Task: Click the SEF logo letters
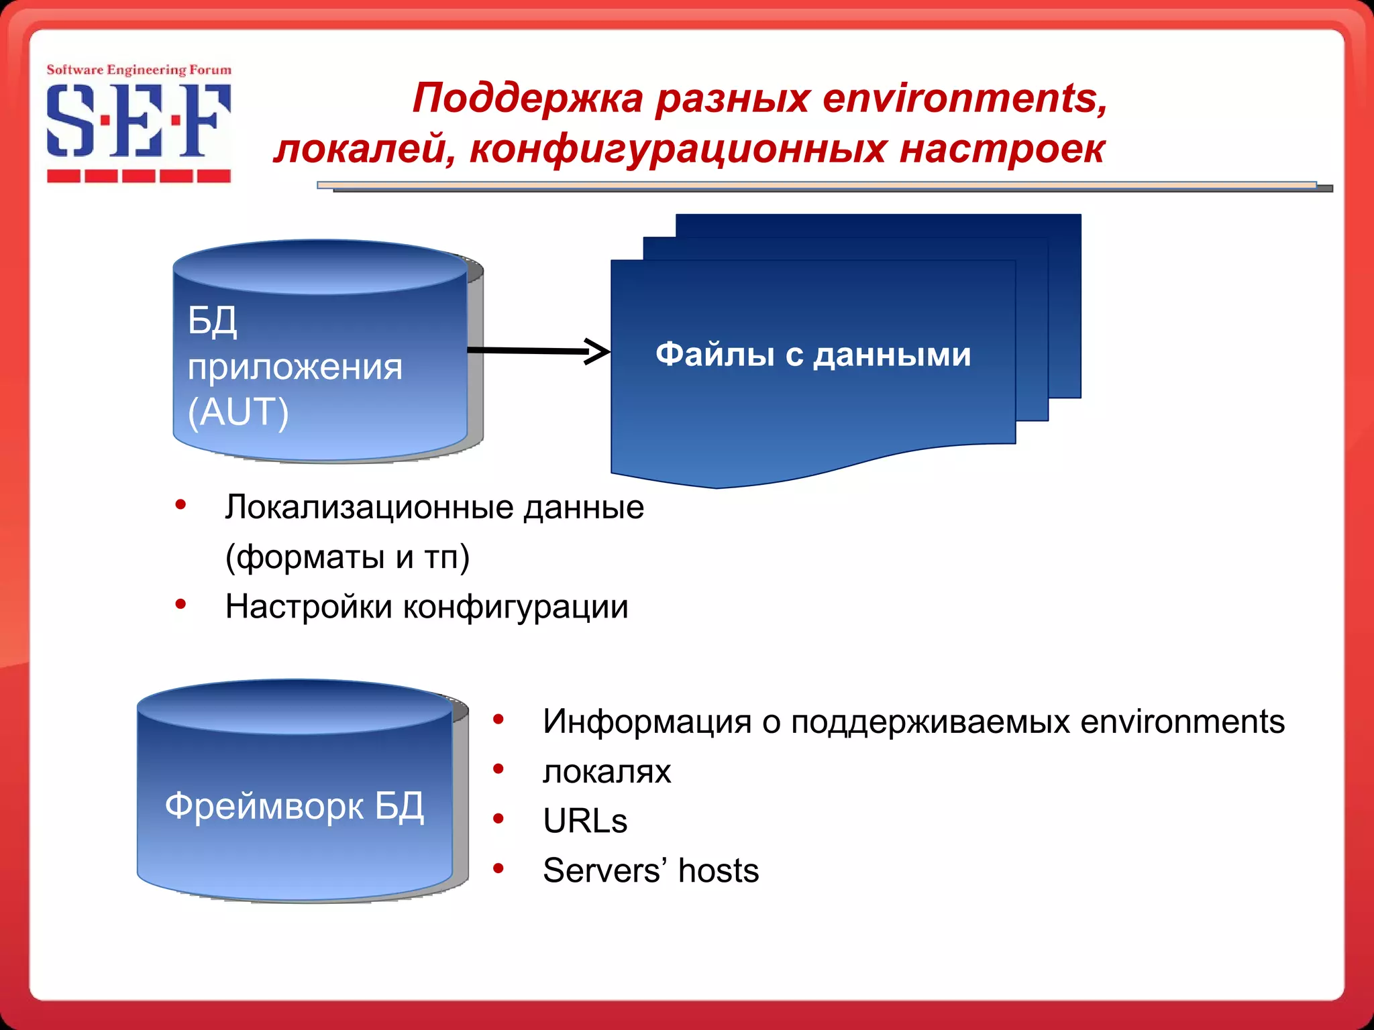[138, 121]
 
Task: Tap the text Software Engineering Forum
[138, 70]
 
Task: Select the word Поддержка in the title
[528, 98]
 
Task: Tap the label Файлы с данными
[813, 354]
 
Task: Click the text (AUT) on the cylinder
[238, 411]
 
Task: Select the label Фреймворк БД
[295, 805]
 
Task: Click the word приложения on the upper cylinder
[295, 367]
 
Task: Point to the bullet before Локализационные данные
[180, 505]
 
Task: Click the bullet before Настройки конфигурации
[180, 605]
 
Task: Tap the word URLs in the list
[585, 821]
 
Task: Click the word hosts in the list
[718, 870]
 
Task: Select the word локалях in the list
[606, 771]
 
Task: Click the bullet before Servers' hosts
[498, 869]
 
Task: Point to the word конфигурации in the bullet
[515, 607]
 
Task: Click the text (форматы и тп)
[347, 557]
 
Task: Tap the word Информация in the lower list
[647, 722]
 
